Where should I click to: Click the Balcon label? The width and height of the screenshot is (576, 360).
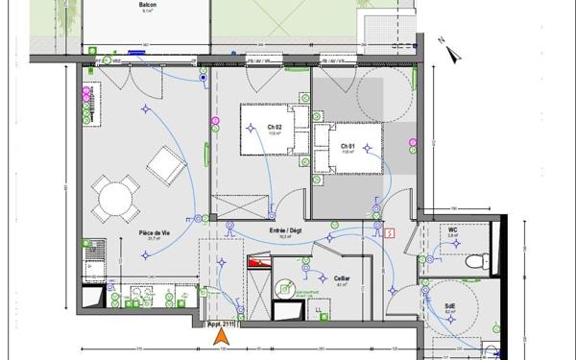148,5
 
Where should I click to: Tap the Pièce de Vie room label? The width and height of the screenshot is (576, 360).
154,233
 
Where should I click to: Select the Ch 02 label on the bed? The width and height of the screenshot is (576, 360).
275,127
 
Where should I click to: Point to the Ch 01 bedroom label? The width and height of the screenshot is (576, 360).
348,146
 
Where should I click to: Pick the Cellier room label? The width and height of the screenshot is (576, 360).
343,279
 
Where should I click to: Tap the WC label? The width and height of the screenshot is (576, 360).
451,230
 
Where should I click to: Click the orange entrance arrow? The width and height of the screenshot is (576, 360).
222,335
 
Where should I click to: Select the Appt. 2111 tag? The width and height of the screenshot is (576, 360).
222,324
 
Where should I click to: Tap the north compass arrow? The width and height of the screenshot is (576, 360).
437,40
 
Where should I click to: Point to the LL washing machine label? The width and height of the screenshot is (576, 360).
318,309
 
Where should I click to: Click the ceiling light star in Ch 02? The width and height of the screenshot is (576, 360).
252,147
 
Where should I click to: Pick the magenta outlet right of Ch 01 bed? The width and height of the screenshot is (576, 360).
412,144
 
